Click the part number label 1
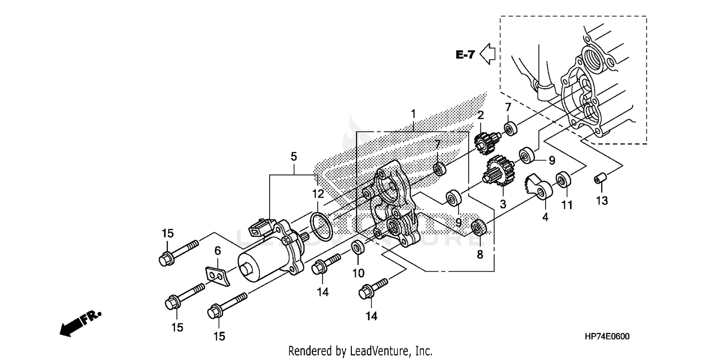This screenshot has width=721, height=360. tap(413, 114)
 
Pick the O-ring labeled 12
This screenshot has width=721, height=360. tap(321, 226)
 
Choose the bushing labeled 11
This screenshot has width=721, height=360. tap(563, 180)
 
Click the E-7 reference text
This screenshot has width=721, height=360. tap(465, 55)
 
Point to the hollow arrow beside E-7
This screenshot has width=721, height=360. tap(488, 54)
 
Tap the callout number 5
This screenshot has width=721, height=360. tap(294, 157)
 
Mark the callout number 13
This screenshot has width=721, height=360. tap(602, 201)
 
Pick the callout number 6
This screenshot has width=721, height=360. tap(217, 250)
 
